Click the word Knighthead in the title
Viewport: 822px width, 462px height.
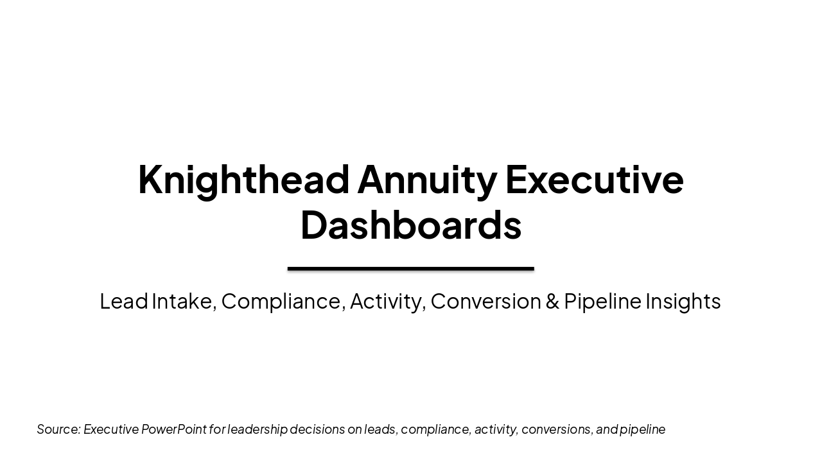(245, 179)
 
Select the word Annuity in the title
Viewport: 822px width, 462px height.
(427, 179)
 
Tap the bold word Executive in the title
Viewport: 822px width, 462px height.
(594, 179)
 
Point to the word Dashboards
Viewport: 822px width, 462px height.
(411, 225)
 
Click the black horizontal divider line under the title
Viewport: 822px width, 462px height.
(411, 269)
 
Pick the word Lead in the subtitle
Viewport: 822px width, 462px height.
(124, 301)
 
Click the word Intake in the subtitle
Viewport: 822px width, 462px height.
(183, 301)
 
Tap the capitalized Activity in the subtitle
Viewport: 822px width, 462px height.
(387, 301)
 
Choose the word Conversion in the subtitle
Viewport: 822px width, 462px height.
(485, 301)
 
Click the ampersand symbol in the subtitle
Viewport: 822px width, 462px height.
(552, 301)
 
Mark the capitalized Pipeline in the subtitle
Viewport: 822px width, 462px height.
(602, 301)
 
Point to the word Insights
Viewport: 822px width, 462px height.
(683, 301)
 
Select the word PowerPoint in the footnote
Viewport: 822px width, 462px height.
(174, 429)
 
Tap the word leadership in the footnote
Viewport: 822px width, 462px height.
(258, 429)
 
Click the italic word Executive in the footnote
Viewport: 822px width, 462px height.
(111, 429)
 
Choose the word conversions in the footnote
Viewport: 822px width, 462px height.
(557, 429)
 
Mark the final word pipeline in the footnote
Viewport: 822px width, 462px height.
(642, 429)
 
